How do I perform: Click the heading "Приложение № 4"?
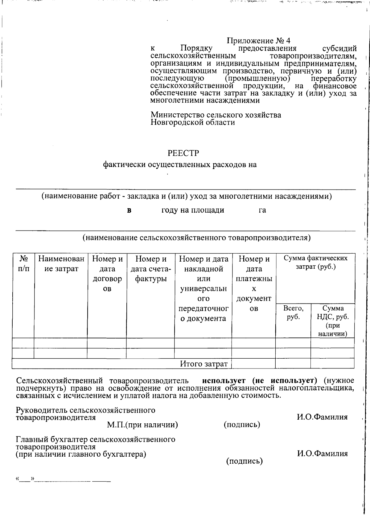pyautogui.click(x=258, y=41)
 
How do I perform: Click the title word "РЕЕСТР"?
pyautogui.click(x=183, y=153)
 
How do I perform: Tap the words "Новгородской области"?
pyautogui.click(x=193, y=123)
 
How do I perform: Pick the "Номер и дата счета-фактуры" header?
pyautogui.click(x=150, y=269)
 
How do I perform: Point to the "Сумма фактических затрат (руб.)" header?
pyautogui.click(x=315, y=263)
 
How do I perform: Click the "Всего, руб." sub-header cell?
pyautogui.click(x=293, y=313)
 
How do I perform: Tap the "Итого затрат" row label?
pyautogui.click(x=204, y=364)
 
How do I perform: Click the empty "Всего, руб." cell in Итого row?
pyautogui.click(x=293, y=364)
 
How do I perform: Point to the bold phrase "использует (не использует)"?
pyautogui.click(x=260, y=381)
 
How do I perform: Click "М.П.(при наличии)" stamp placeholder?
pyautogui.click(x=142, y=425)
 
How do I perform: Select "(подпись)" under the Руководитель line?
pyautogui.click(x=242, y=425)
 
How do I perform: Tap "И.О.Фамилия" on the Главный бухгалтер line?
pyautogui.click(x=322, y=454)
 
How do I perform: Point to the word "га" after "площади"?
pyautogui.click(x=262, y=210)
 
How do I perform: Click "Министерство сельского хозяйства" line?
pyautogui.click(x=216, y=115)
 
